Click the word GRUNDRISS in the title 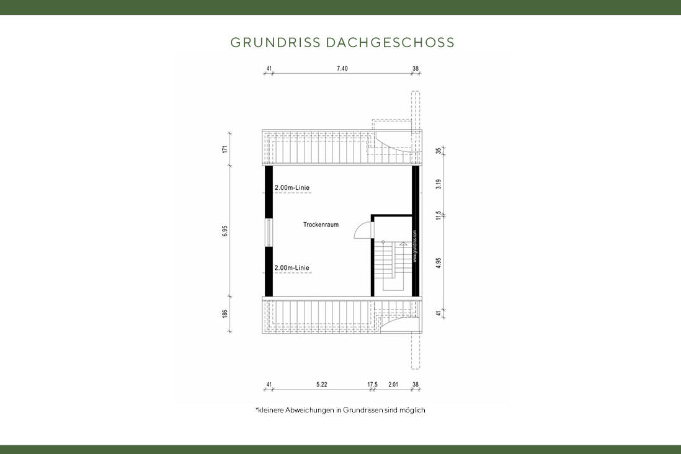(x=275, y=42)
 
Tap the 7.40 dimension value (x=342, y=68)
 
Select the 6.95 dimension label (x=226, y=231)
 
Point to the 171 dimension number (x=226, y=149)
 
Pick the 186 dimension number (x=226, y=314)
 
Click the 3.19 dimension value (x=438, y=184)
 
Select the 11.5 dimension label (x=438, y=215)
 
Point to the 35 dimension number (x=438, y=151)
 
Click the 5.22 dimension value (x=321, y=385)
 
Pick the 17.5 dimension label (x=372, y=385)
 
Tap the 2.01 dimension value (x=393, y=385)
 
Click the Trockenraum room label (x=321, y=225)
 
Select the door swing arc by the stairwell (x=361, y=231)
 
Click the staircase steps (x=385, y=260)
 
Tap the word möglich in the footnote (x=413, y=410)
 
